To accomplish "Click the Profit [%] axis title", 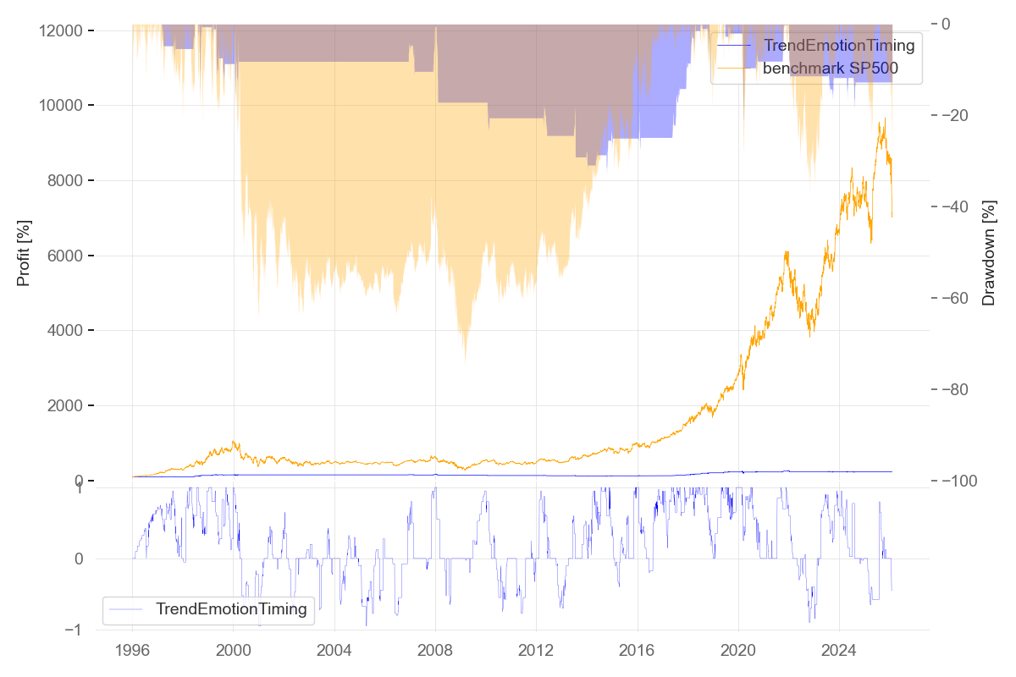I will point(24,253).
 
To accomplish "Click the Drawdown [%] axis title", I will point(988,253).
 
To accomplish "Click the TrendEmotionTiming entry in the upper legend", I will point(839,45).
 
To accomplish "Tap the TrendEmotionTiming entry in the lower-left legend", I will point(231,608).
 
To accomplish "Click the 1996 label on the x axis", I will point(133,652).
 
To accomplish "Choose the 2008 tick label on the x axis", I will point(435,652).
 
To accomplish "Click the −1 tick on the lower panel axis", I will point(74,630).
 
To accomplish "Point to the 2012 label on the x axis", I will point(536,652).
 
